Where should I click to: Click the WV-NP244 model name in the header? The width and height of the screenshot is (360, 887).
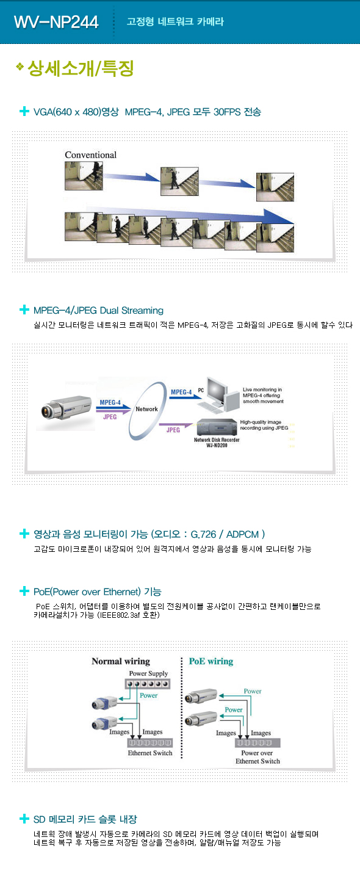pos(56,22)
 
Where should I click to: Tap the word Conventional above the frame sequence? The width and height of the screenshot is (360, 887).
pos(90,155)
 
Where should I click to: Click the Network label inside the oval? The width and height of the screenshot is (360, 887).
pos(147,409)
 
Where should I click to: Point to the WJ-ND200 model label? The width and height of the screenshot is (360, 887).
pos(217,446)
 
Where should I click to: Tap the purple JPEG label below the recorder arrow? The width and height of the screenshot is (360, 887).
pos(173,430)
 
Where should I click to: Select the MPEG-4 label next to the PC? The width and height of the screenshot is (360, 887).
pos(181,392)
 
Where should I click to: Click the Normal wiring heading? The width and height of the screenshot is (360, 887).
pos(121,661)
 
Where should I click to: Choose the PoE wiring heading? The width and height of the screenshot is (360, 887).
pos(211,661)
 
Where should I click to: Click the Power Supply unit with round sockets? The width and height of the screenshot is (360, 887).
pos(148,684)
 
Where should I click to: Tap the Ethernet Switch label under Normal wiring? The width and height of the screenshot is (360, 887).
pos(150,753)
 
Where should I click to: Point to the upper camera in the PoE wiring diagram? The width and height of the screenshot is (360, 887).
pos(201,696)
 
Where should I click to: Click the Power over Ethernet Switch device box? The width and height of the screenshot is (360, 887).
pos(257,742)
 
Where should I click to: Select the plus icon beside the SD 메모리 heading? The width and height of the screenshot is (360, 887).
pos(24,818)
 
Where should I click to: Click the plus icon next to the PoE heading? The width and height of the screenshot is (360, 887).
pos(24,591)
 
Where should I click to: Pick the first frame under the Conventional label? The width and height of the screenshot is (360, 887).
pos(84,176)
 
